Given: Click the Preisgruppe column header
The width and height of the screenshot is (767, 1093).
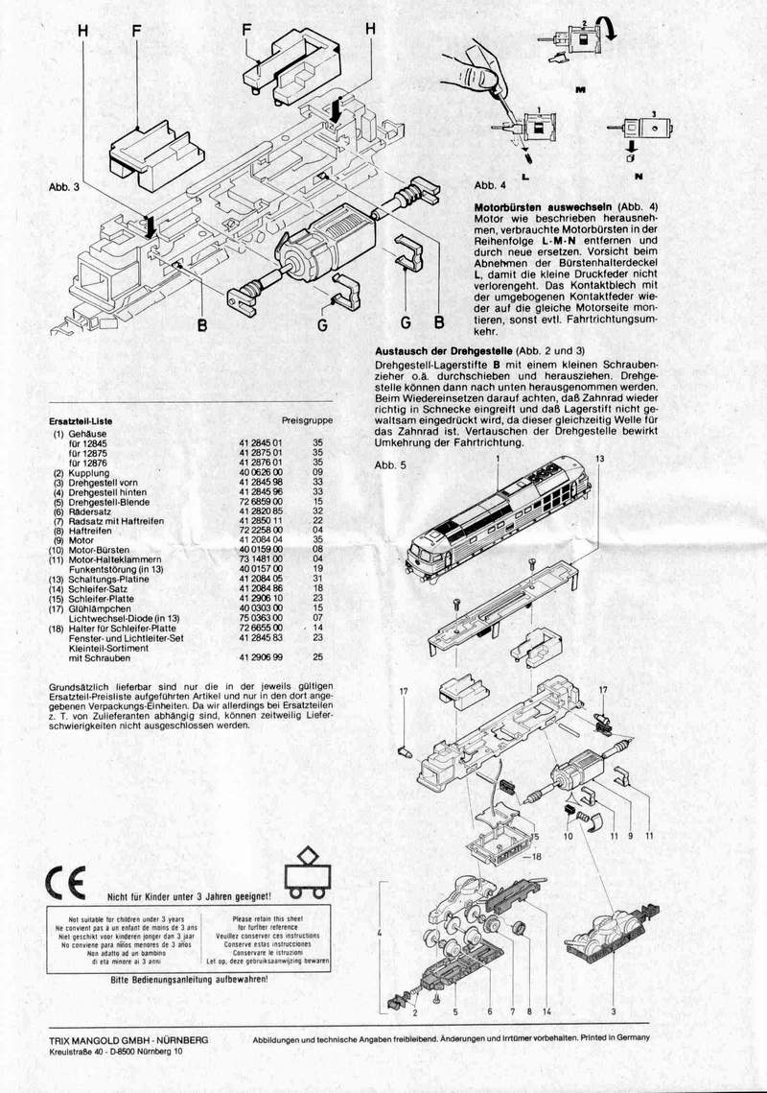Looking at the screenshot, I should [308, 420].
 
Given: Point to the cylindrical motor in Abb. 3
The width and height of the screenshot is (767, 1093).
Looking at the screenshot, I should [316, 245].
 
